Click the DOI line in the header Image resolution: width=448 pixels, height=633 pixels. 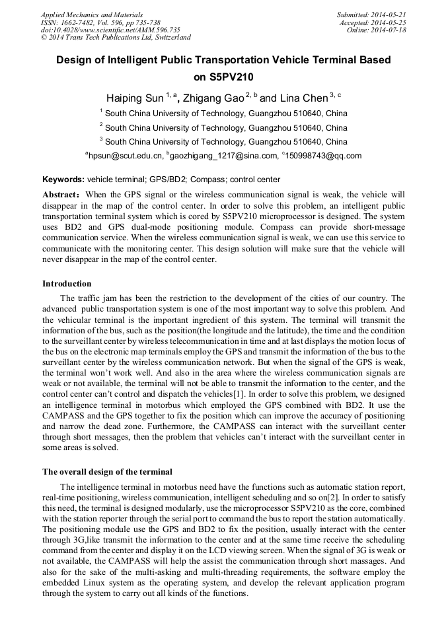tap(110, 30)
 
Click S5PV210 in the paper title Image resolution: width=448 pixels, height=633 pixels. tap(223, 77)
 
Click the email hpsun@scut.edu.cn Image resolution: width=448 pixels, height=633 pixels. tap(126, 156)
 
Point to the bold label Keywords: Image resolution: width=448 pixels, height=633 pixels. tap(63, 180)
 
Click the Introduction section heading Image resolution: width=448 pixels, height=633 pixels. tap(67, 284)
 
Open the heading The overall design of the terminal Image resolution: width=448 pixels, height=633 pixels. tap(107, 472)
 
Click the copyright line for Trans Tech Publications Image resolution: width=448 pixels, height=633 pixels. tap(116, 38)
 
